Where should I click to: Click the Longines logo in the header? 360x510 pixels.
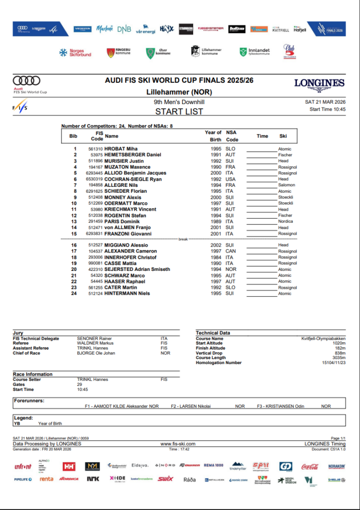[x=319, y=84]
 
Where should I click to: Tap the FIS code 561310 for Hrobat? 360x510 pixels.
[x=96, y=149]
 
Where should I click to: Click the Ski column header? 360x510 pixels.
[x=283, y=136]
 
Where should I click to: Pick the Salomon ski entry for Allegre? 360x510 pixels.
[x=286, y=185]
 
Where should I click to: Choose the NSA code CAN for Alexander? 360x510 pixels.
[x=231, y=252]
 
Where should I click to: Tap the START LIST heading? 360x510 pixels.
[x=179, y=112]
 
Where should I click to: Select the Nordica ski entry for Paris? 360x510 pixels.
[x=286, y=221]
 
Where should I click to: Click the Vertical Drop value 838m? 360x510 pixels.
[x=339, y=353]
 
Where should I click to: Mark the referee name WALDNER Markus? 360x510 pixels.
[x=95, y=343]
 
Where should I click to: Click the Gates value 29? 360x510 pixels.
[x=80, y=384]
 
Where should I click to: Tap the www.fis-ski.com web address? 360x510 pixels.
[x=178, y=444]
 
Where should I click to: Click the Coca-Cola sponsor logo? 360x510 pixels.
[x=310, y=467]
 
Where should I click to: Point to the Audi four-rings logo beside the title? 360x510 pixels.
[x=26, y=80]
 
